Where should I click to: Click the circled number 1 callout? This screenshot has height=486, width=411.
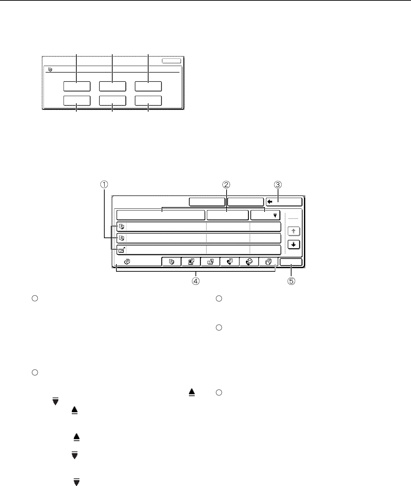(x=104, y=185)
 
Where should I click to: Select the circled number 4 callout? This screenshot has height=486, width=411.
(x=195, y=281)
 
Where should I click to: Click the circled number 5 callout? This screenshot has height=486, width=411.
(x=291, y=281)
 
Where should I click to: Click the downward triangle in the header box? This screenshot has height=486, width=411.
(x=275, y=215)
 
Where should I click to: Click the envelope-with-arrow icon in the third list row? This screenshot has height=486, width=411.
(x=122, y=250)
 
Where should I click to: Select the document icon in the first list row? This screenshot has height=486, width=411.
(x=122, y=227)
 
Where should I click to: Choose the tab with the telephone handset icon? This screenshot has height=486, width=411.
(x=229, y=262)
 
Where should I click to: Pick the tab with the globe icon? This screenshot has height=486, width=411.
(x=249, y=262)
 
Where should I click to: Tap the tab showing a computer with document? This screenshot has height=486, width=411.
(x=191, y=262)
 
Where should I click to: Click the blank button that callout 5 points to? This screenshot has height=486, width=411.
(x=291, y=262)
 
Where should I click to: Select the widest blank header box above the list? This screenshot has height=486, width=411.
(x=161, y=215)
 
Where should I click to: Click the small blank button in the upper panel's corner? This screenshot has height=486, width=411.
(x=172, y=61)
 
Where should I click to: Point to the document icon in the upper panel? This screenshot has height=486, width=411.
(x=50, y=69)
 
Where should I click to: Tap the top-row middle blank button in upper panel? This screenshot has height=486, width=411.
(x=112, y=86)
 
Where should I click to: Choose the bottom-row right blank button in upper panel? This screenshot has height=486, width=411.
(x=148, y=101)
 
